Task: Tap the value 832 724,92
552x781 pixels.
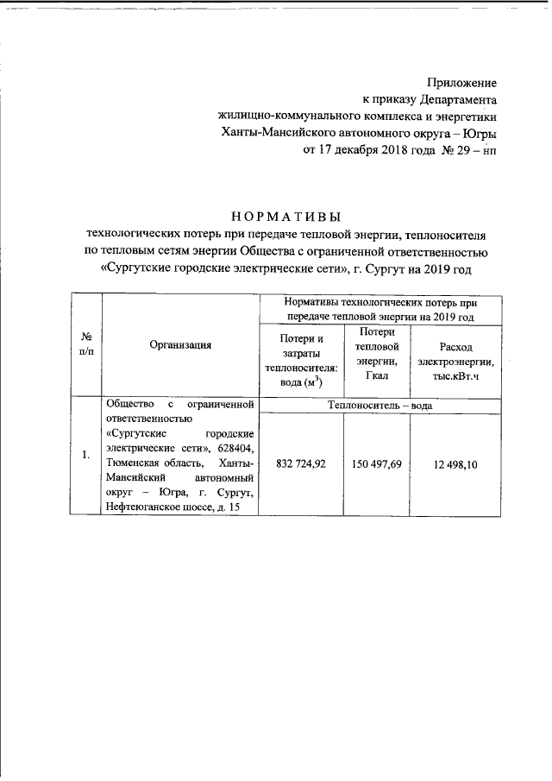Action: coord(301,465)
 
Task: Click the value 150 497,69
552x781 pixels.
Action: coord(377,465)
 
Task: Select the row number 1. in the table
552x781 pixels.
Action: coord(86,457)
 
